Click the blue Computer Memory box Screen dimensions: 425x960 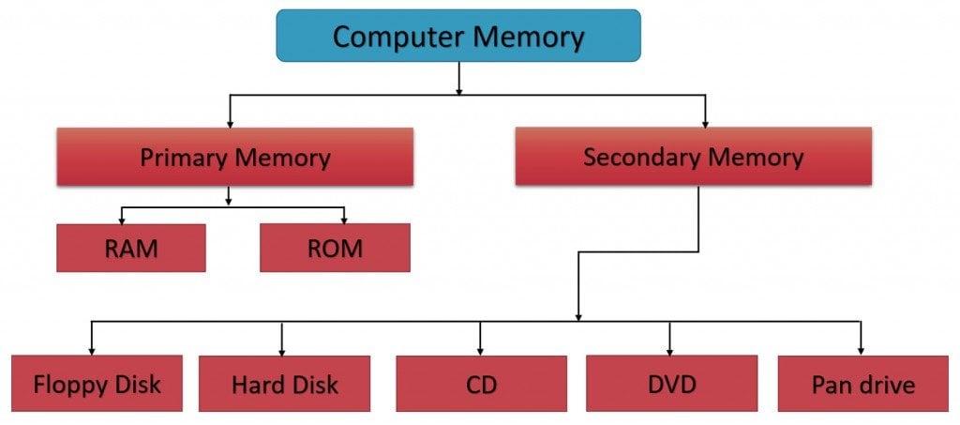pyautogui.click(x=458, y=37)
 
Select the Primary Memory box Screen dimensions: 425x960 pyautogui.click(x=234, y=157)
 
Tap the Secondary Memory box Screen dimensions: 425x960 pyautogui.click(x=693, y=156)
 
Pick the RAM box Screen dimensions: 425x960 pyautogui.click(x=130, y=249)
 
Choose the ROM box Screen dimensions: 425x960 pyautogui.click(x=335, y=249)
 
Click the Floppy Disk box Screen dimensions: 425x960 pyautogui.click(x=97, y=384)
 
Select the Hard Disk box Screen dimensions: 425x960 pyautogui.click(x=284, y=384)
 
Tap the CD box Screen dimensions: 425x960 pyautogui.click(x=481, y=384)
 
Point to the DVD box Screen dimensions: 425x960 pyautogui.click(x=671, y=384)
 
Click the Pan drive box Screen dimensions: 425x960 pyautogui.click(x=862, y=384)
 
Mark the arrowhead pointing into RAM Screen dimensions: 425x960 pyautogui.click(x=122, y=220)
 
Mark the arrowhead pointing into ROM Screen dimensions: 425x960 pyautogui.click(x=345, y=220)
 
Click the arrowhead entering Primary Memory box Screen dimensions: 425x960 pyautogui.click(x=230, y=123)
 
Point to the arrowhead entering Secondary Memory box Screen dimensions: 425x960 pyautogui.click(x=705, y=123)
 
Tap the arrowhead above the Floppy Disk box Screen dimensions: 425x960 pyautogui.click(x=91, y=350)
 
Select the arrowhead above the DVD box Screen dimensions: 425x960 pyautogui.click(x=669, y=350)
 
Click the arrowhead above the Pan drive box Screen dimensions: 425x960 pyautogui.click(x=861, y=350)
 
